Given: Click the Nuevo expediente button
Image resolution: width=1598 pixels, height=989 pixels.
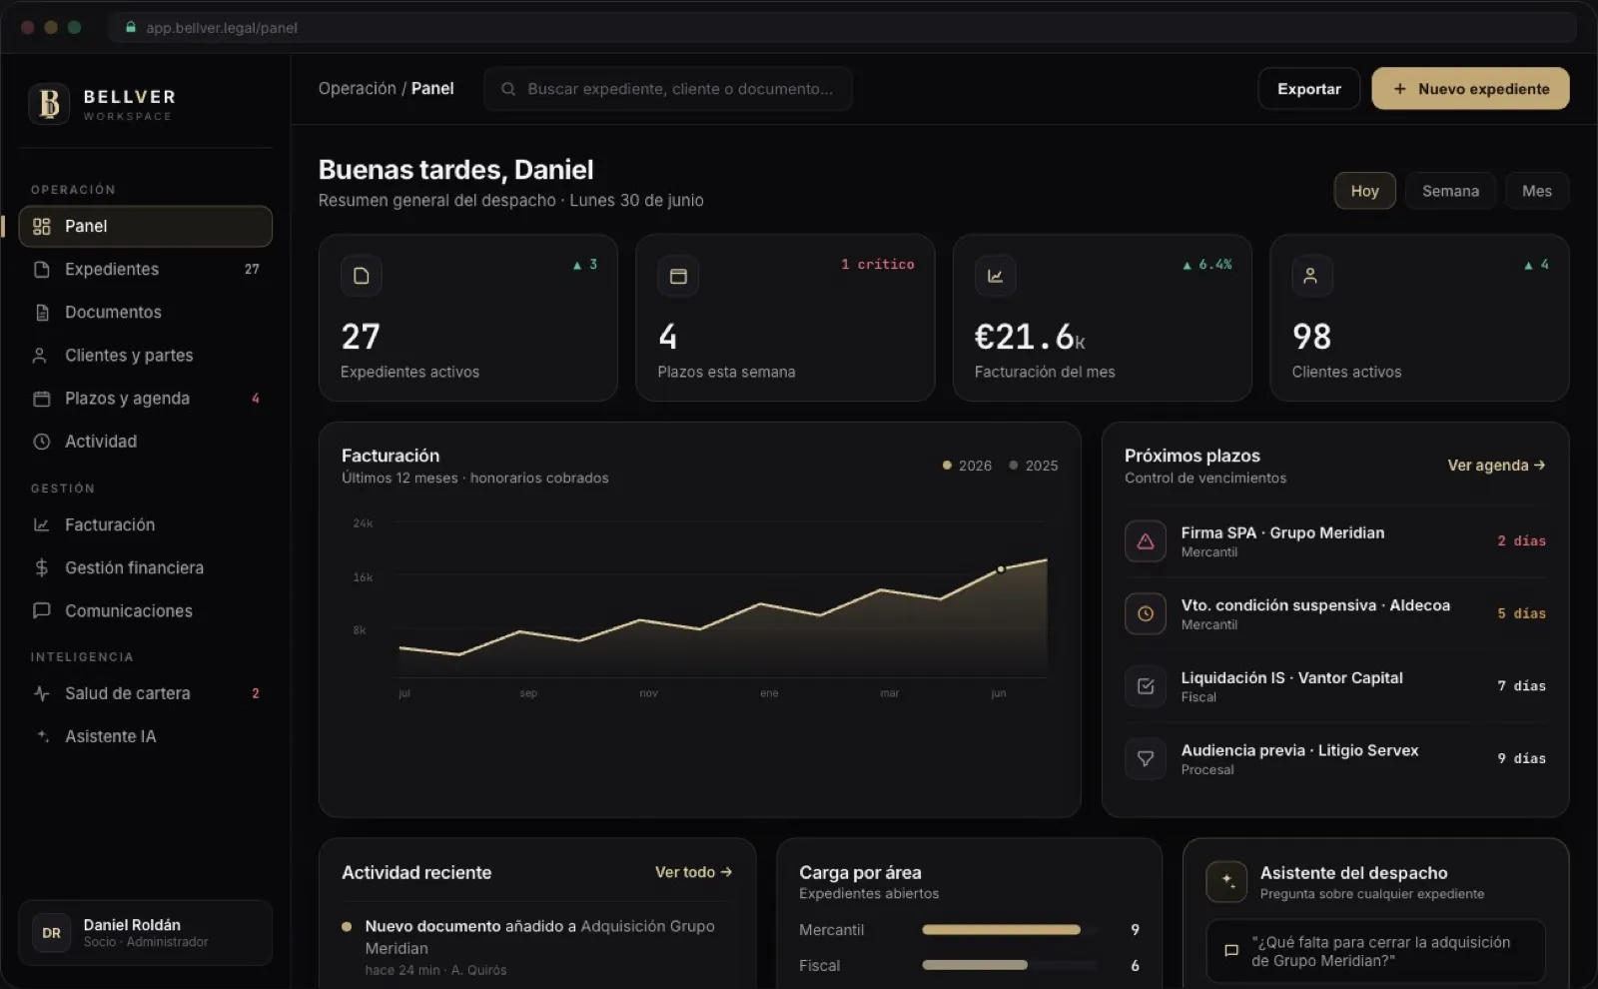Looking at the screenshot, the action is [1469, 89].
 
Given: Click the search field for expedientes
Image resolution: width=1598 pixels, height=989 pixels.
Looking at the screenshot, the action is [668, 89].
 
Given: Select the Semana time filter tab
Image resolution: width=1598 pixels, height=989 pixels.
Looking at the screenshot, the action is [1450, 191].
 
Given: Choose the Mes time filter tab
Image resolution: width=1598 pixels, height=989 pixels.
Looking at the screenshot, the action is [1537, 191].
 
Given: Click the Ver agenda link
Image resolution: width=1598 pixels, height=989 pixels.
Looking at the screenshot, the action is [1496, 466].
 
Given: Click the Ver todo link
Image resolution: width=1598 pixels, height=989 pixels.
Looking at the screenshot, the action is [693, 872].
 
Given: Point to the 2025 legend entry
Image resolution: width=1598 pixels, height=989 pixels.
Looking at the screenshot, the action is [1033, 466].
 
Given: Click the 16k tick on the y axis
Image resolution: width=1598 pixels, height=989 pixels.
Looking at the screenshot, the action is [363, 576].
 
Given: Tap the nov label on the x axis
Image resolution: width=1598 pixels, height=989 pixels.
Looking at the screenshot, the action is [648, 693].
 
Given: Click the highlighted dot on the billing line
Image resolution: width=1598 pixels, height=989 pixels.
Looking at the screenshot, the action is [1001, 568].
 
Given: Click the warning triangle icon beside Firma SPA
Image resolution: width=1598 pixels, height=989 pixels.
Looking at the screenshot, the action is [1145, 540].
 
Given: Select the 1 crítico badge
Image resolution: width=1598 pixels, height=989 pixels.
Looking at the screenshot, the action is [878, 264].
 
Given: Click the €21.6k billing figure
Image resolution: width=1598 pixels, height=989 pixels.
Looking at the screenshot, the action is [1030, 337].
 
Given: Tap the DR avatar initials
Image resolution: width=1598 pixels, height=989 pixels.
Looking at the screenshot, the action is [51, 933].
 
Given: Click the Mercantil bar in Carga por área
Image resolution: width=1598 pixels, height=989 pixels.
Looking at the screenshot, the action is [1001, 930].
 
